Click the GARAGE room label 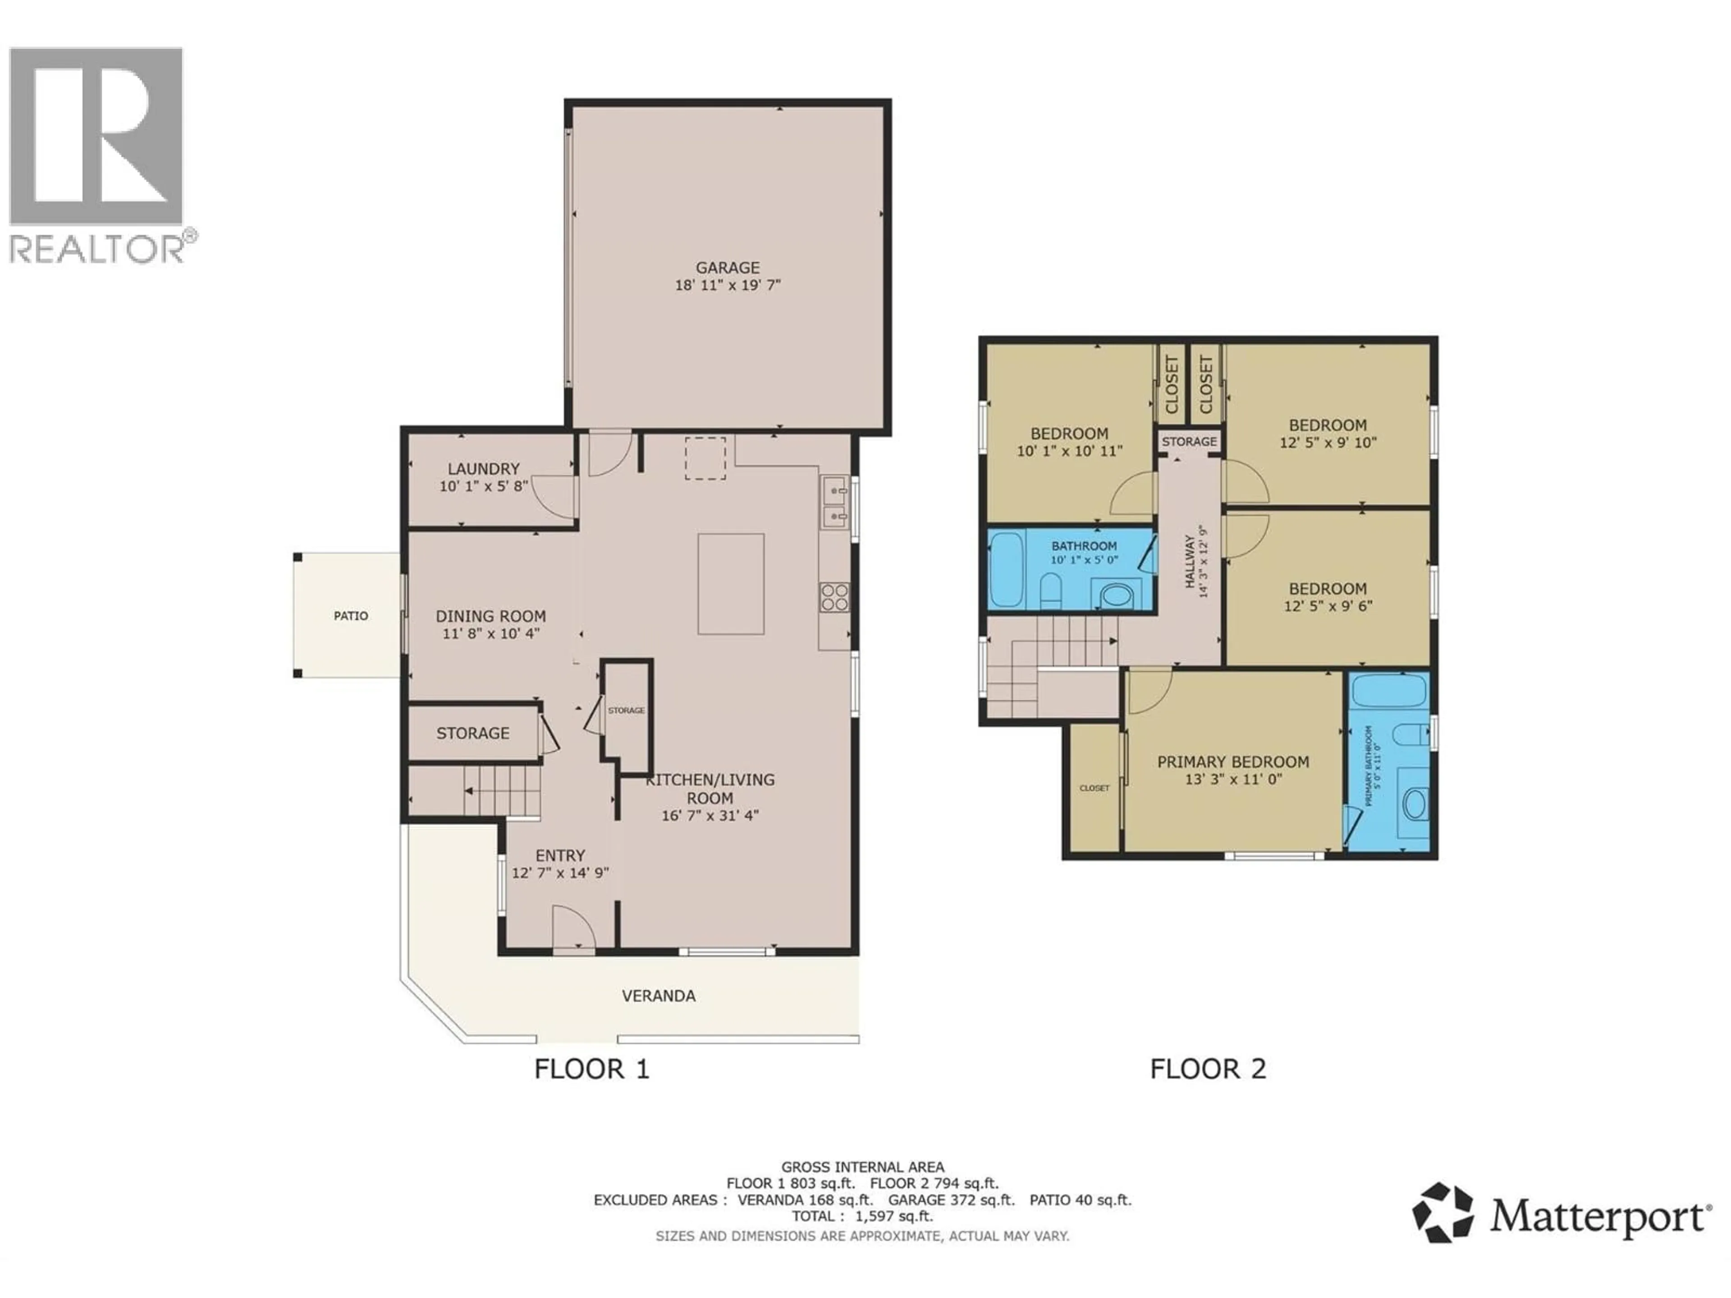(728, 268)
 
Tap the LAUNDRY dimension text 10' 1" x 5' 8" (484, 486)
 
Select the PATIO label (351, 616)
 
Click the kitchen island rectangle (731, 584)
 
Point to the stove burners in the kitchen (835, 597)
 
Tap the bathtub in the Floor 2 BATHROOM (1006, 570)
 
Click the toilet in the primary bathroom (1406, 736)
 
